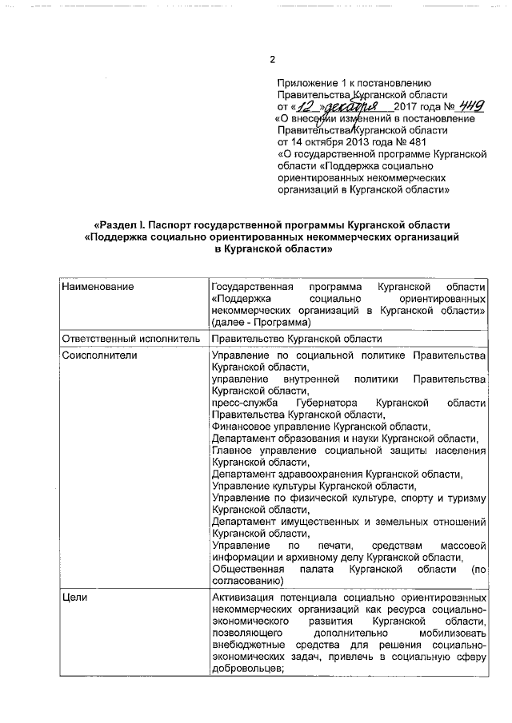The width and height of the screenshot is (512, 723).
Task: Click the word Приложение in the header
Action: pyautogui.click(x=308, y=82)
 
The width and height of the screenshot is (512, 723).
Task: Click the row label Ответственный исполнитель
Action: pyautogui.click(x=130, y=338)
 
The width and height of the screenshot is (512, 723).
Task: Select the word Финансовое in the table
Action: pyautogui.click(x=242, y=427)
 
